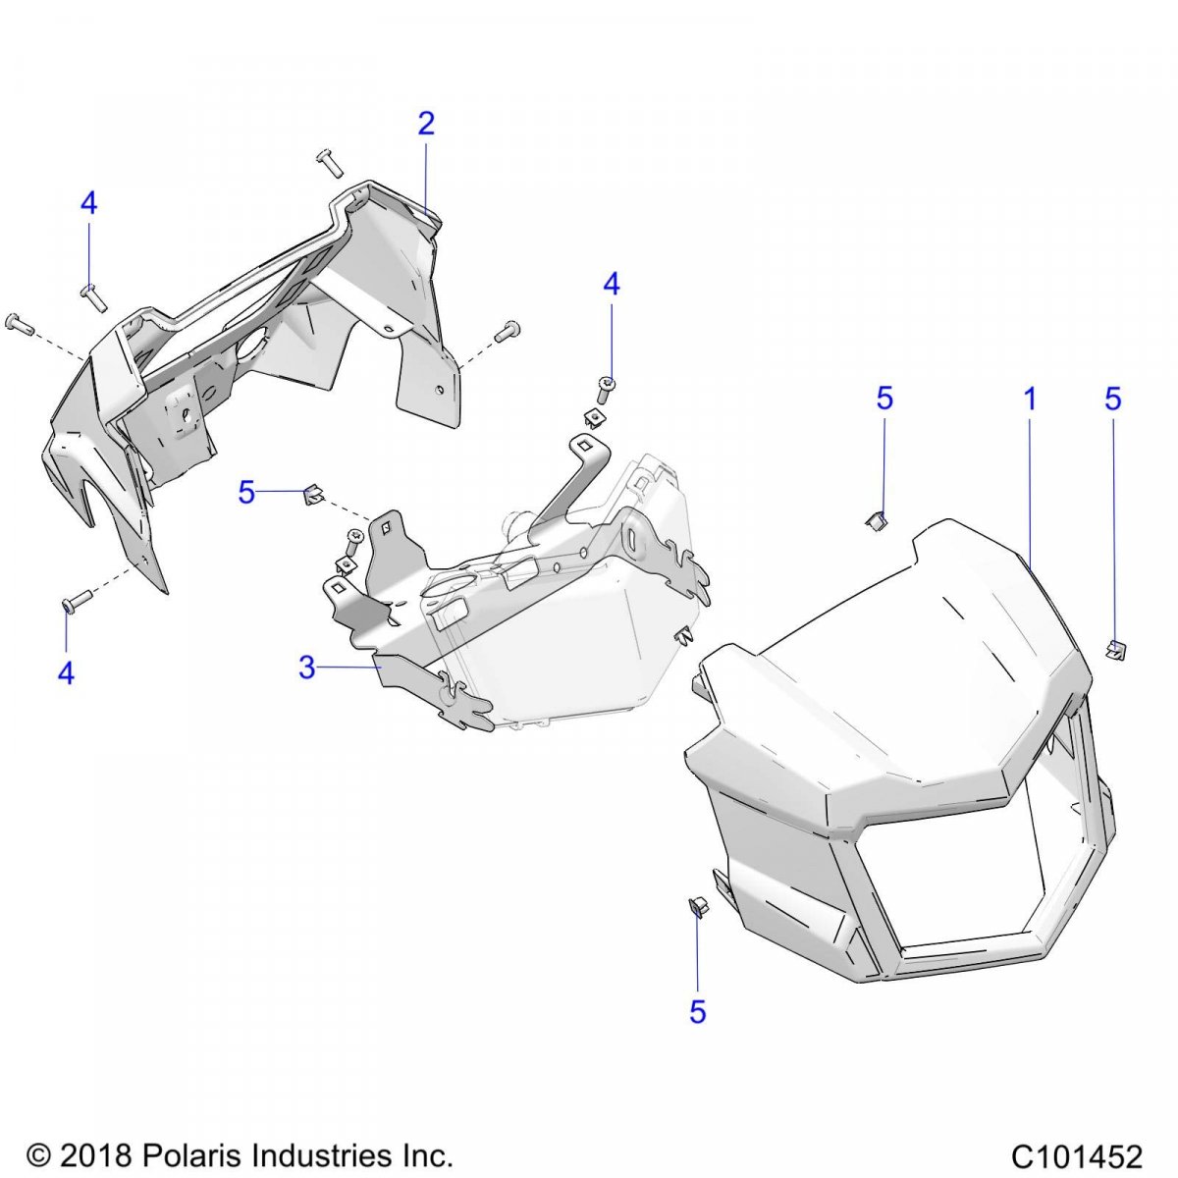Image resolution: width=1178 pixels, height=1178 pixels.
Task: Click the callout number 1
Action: tap(1030, 400)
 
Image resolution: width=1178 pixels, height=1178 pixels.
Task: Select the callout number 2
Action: tap(425, 124)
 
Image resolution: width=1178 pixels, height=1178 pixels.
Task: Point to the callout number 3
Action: tap(307, 669)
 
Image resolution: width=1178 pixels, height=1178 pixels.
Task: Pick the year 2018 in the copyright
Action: tap(94, 1155)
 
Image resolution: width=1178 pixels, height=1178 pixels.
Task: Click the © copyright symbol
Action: tap(39, 1155)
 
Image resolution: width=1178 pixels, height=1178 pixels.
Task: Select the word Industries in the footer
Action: tap(309, 1155)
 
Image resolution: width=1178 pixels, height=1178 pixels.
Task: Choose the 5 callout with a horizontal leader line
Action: tap(246, 493)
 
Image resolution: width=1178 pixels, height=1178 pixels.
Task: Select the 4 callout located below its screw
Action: tap(66, 673)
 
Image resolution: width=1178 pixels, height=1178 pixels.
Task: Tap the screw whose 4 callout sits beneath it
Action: tap(75, 599)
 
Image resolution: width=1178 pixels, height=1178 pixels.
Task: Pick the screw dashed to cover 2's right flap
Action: tap(508, 332)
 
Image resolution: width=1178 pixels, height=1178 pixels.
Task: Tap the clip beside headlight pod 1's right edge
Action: tap(1114, 649)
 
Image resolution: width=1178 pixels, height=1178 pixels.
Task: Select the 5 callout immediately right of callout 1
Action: tap(1112, 400)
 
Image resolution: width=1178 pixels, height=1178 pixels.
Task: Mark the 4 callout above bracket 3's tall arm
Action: tap(612, 286)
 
